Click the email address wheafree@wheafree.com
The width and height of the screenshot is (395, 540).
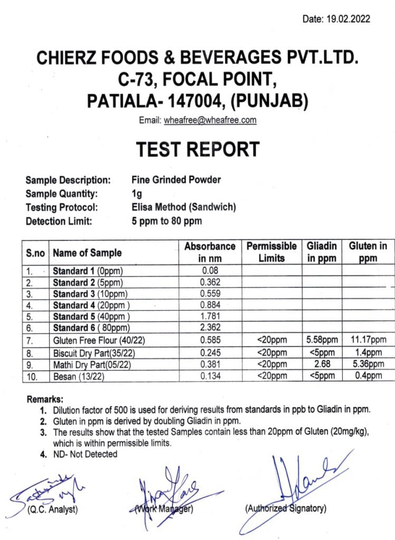[x=210, y=120]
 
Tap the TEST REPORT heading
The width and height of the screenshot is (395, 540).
[x=198, y=149]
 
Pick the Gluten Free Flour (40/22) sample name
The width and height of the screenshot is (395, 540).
[x=99, y=340]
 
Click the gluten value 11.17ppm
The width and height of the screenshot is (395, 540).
[x=368, y=340]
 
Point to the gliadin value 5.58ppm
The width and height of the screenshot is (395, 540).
[x=321, y=340]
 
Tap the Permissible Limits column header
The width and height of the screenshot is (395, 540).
[x=271, y=253]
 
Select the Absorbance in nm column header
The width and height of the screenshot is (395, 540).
[x=210, y=253]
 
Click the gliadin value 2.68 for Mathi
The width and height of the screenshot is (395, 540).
[x=321, y=364]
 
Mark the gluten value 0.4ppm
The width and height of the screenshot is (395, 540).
[x=368, y=376]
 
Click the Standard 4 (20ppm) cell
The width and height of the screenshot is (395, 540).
[x=91, y=305]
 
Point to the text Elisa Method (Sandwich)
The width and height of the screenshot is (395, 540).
[x=184, y=208]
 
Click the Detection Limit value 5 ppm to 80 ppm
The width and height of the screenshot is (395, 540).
[x=167, y=221]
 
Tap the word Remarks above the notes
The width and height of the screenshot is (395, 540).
[x=45, y=399]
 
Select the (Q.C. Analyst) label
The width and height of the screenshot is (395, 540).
[x=52, y=509]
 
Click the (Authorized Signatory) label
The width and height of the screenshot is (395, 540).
[x=286, y=508]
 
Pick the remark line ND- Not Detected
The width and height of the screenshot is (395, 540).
[x=85, y=454]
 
